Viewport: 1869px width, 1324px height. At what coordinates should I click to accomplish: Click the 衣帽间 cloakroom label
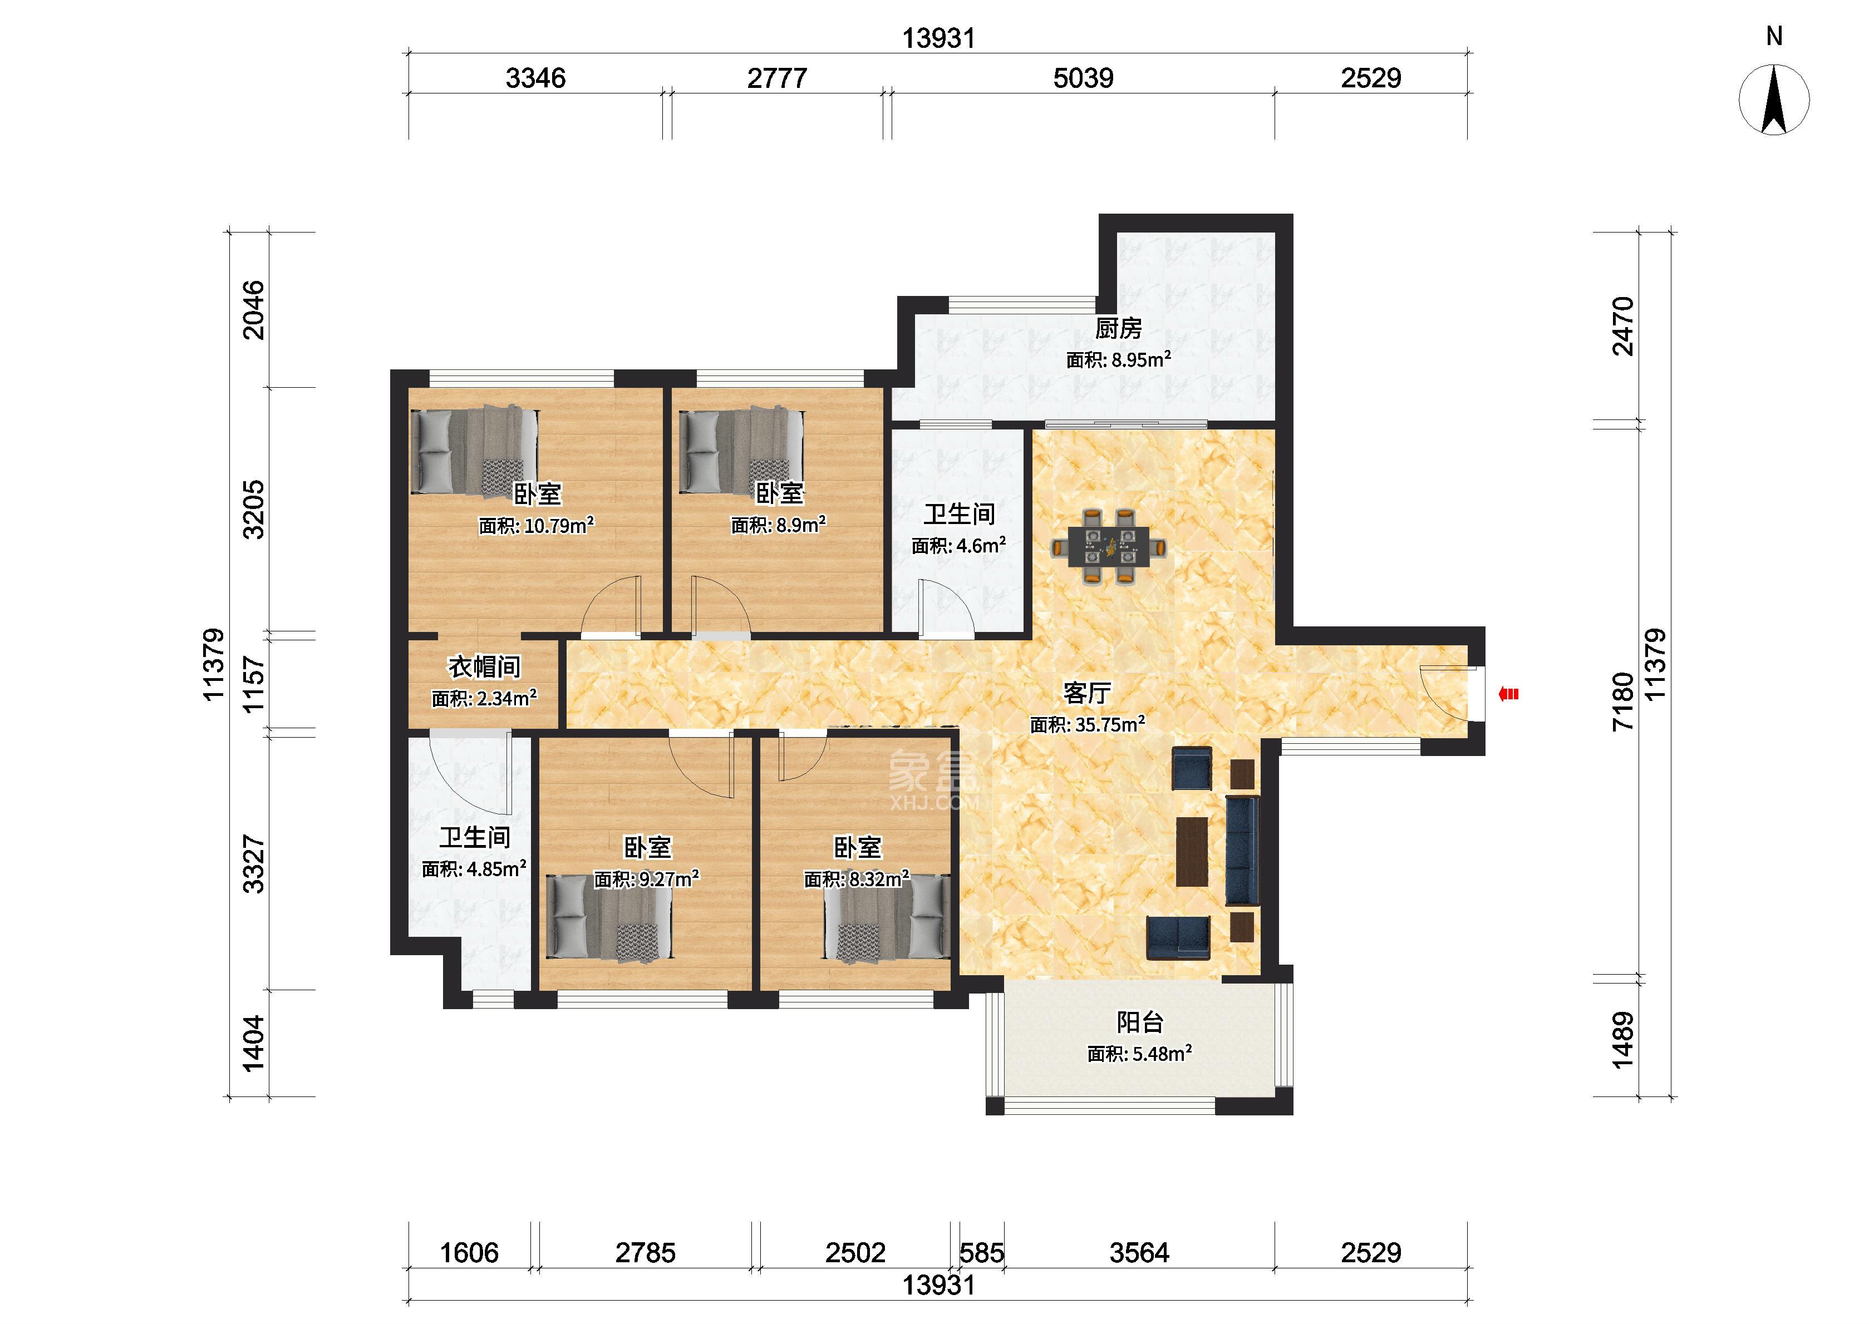click(484, 667)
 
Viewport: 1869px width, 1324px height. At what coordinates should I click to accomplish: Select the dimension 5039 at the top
click(1083, 78)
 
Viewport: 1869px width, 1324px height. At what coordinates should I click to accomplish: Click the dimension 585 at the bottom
click(981, 1252)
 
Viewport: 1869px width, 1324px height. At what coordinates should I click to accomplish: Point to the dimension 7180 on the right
click(1624, 701)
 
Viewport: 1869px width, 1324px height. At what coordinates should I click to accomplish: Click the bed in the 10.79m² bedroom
click(474, 451)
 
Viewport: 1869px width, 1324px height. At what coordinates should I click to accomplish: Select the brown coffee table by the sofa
click(1192, 851)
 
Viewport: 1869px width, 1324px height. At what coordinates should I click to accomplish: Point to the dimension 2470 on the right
click(1624, 326)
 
